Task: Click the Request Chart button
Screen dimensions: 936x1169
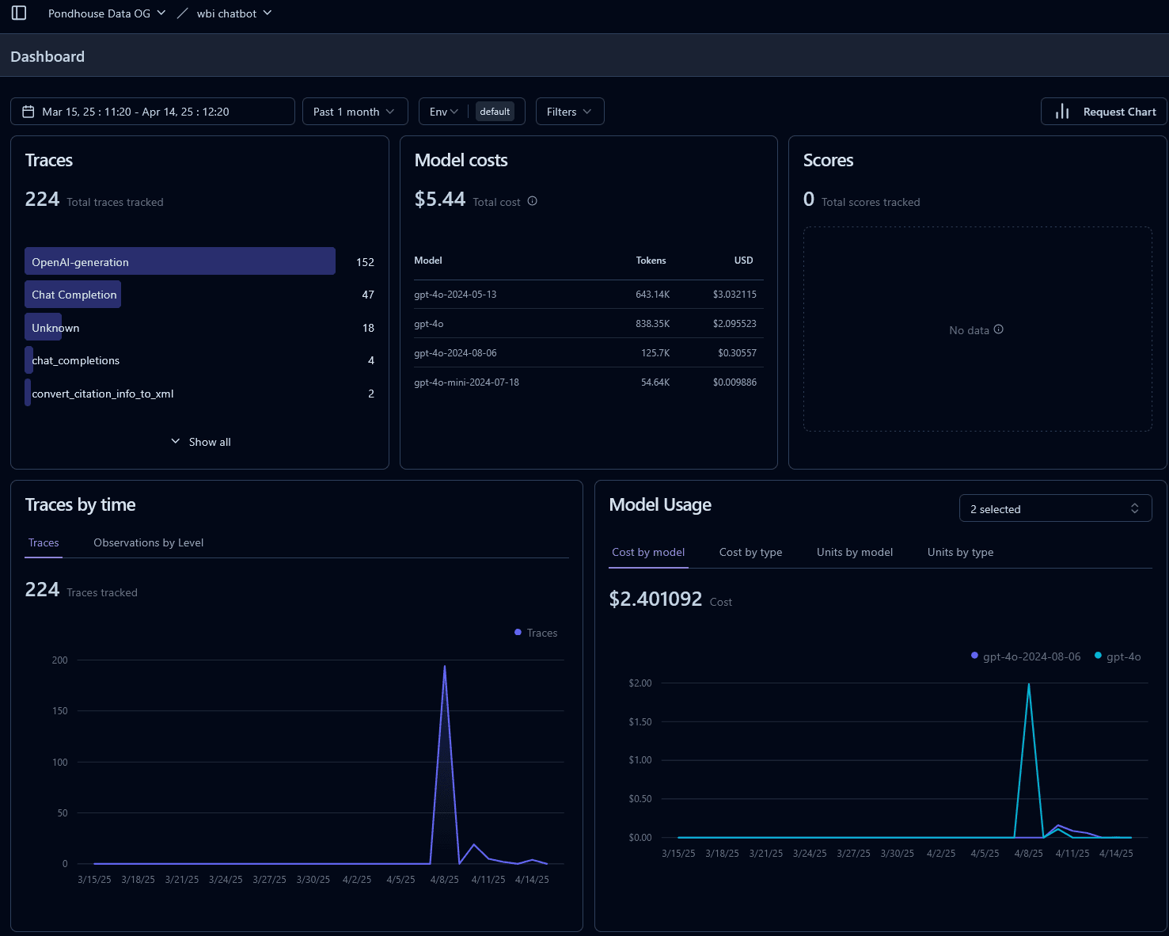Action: pos(1104,112)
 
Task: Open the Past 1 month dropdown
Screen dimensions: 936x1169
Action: pos(355,112)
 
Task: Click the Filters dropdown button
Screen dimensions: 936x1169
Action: pos(569,112)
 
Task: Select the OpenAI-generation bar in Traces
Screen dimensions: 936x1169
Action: pos(180,261)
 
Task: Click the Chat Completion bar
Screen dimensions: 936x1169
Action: pos(74,295)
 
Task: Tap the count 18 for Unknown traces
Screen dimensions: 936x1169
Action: pos(368,328)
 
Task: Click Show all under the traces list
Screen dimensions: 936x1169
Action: pos(202,442)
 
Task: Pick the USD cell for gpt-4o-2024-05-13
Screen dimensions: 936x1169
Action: pos(734,295)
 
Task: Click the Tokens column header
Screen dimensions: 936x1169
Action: pos(651,261)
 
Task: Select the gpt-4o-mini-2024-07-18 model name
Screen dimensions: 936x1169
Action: pos(466,382)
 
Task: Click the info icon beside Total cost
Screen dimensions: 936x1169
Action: pos(533,201)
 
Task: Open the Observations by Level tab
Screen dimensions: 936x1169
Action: pos(148,542)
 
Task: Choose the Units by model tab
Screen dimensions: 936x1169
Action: pos(854,552)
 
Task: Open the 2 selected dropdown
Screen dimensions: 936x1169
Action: pos(1054,508)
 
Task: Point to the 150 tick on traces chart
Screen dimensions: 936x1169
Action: pos(60,711)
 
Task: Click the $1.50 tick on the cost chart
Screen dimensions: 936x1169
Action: pos(640,721)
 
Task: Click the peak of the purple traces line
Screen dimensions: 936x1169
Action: pos(445,667)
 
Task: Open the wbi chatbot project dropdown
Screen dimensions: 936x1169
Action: pos(233,13)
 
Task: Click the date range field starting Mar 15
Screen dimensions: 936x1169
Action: pos(152,112)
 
